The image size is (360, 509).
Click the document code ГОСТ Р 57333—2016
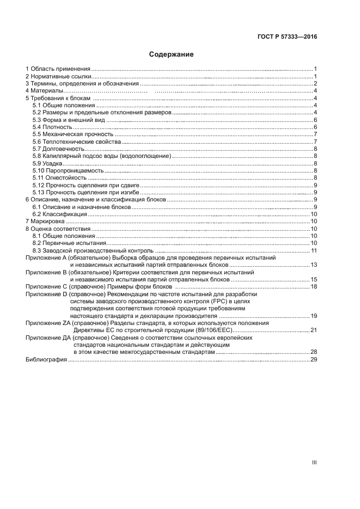[x=287, y=37]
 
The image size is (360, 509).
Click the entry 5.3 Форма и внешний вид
[x=68, y=120]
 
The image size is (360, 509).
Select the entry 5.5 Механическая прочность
[x=72, y=134]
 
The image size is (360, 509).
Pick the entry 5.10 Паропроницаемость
[x=68, y=170]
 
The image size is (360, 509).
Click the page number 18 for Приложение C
[x=314, y=286]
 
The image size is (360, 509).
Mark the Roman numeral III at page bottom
[x=314, y=462]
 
